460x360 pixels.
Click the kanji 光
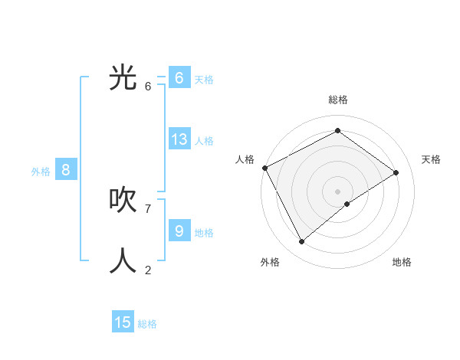[123, 78]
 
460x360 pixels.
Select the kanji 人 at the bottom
[123, 261]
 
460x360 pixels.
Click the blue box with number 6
[179, 78]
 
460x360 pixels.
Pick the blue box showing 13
[179, 139]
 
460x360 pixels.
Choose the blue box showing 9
[179, 231]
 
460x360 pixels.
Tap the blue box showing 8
[66, 170]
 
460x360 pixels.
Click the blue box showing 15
[123, 322]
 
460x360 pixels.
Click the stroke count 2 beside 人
[148, 270]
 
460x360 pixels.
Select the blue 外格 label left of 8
[41, 172]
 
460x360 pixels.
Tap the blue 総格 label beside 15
[147, 324]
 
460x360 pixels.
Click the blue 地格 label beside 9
[204, 232]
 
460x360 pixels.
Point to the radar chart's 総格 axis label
[337, 100]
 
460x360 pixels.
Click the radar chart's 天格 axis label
[431, 159]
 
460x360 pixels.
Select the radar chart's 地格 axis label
[402, 262]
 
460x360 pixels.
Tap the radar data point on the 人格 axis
[264, 168]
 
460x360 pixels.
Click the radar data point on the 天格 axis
[396, 172]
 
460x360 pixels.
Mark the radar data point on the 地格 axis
[347, 204]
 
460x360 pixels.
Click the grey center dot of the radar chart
[337, 191]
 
